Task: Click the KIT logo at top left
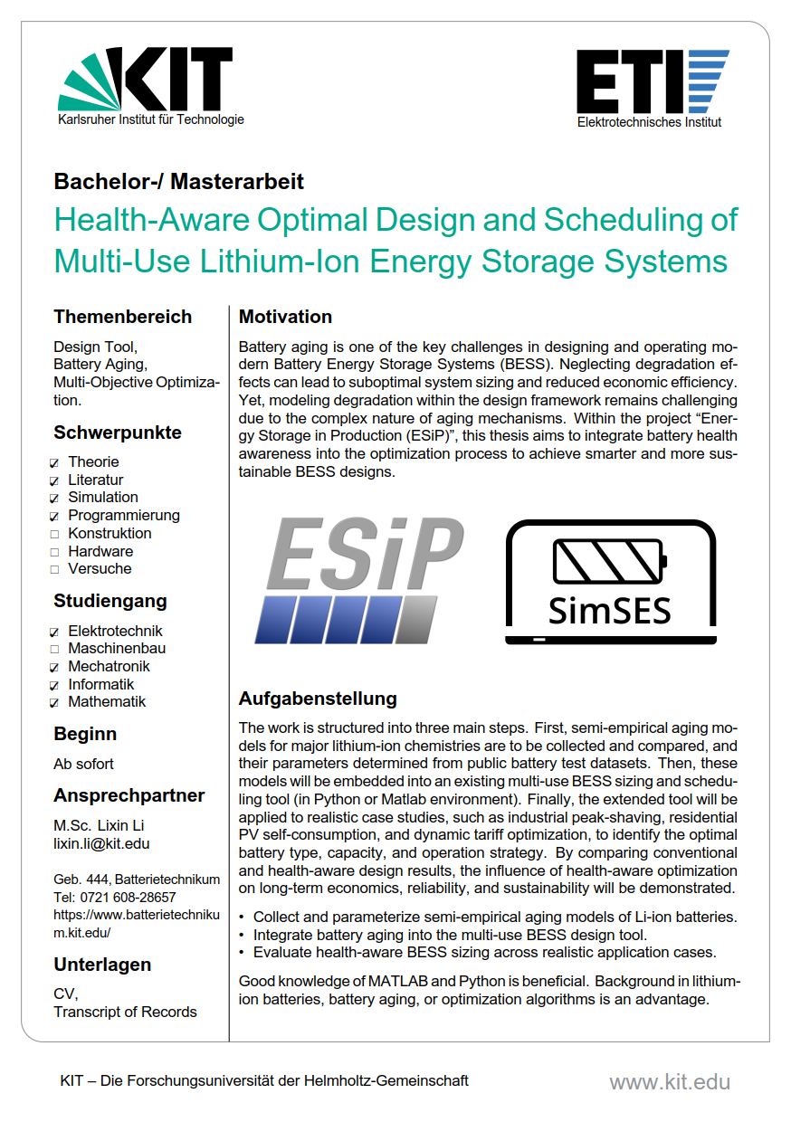(x=145, y=83)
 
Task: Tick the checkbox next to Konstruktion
(x=55, y=534)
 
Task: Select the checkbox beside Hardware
(x=55, y=552)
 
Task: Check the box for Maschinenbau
(x=55, y=649)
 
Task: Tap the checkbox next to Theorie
(x=55, y=462)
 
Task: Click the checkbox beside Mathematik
(x=55, y=702)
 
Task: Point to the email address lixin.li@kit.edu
(x=101, y=843)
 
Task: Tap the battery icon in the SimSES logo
(x=610, y=561)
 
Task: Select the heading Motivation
(x=285, y=317)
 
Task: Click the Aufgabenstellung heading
(x=318, y=699)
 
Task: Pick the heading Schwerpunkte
(x=118, y=433)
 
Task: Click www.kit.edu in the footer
(x=669, y=1081)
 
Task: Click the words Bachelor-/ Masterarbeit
(x=179, y=181)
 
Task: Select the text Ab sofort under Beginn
(x=83, y=764)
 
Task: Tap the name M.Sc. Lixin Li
(x=99, y=825)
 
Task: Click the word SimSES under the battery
(x=610, y=610)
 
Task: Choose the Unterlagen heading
(x=102, y=964)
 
